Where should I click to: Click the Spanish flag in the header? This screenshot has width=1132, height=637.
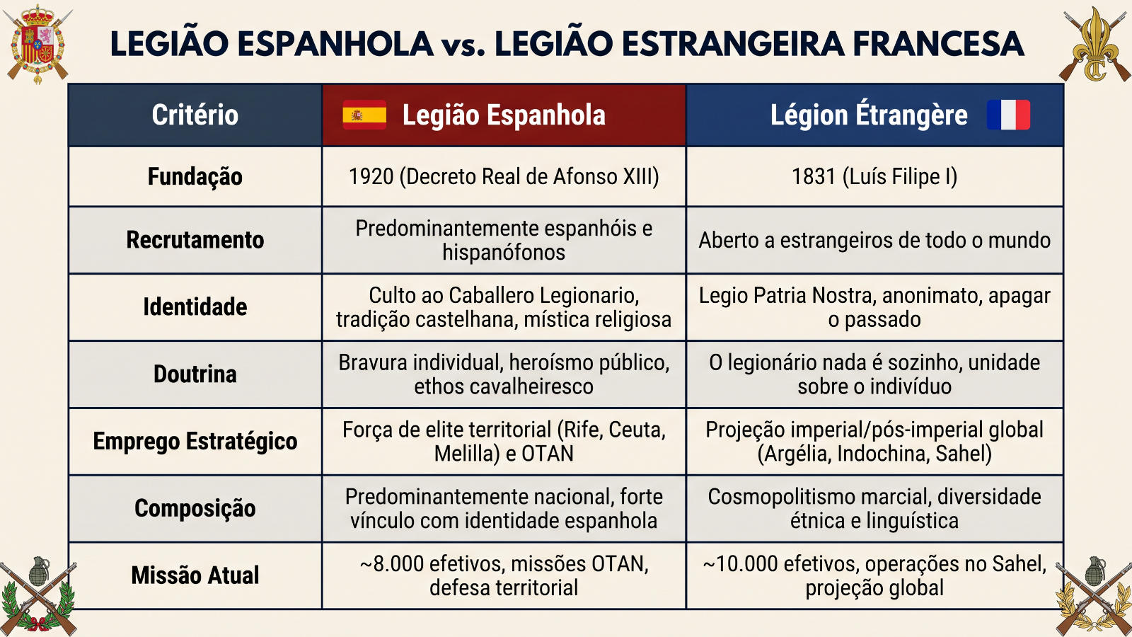point(364,115)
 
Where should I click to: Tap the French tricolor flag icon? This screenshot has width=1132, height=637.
point(1008,115)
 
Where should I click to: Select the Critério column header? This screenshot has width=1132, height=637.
point(195,115)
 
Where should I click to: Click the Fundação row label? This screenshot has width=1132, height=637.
point(195,176)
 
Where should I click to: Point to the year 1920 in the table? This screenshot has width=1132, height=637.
point(371,176)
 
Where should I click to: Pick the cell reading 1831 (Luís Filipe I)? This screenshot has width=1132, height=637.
point(874,176)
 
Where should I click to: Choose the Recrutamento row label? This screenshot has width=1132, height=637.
point(195,240)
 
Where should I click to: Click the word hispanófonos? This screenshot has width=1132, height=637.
point(504,252)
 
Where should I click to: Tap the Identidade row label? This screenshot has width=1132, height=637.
point(195,307)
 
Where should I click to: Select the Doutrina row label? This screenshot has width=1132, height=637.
point(195,374)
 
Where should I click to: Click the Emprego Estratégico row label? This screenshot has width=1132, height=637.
point(195,441)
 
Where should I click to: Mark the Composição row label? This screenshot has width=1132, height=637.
point(195,508)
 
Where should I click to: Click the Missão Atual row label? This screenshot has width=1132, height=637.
point(195,575)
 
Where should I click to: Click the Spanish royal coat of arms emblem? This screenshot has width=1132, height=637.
point(38,43)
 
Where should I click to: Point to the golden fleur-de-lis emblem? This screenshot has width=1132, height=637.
point(1095,45)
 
